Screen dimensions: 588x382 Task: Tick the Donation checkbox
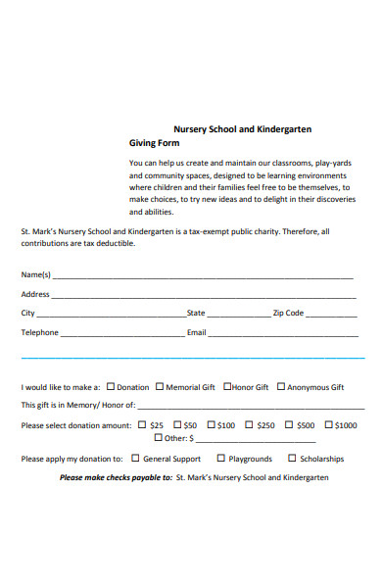[110, 386]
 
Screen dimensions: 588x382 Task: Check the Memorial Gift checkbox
[158, 386]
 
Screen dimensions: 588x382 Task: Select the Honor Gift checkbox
[226, 386]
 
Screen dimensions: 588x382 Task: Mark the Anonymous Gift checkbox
[280, 386]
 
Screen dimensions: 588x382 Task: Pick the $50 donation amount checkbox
[177, 424]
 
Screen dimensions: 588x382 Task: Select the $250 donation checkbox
[249, 424]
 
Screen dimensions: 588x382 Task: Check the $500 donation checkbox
[288, 424]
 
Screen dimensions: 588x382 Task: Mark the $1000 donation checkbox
[328, 424]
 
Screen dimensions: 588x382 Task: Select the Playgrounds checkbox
[221, 458]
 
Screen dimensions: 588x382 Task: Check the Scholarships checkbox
[292, 458]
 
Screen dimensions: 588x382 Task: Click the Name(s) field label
[36, 274]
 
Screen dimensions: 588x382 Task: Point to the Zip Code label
[288, 314]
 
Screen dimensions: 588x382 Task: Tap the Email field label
[196, 333]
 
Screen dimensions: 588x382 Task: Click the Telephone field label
[40, 333]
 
